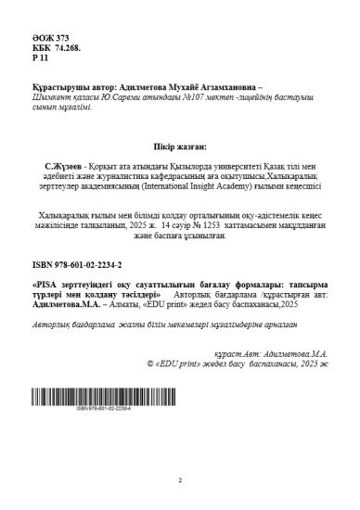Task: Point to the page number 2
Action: pyautogui.click(x=179, y=479)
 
